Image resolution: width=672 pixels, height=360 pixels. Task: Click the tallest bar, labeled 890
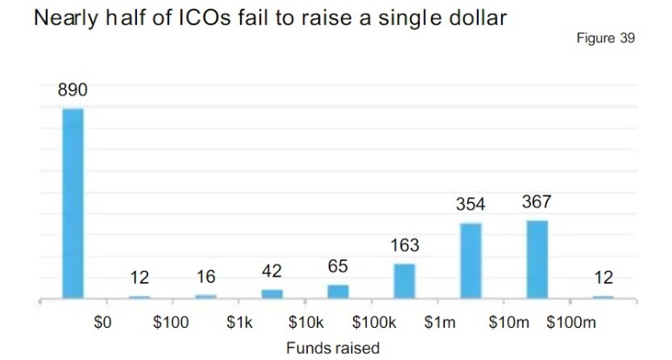point(73,204)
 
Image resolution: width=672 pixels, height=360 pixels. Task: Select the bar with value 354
point(471,260)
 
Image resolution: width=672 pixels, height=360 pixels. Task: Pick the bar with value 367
point(537,259)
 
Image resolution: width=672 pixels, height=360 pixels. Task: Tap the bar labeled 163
point(404,280)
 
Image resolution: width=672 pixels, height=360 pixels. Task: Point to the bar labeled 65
point(338,291)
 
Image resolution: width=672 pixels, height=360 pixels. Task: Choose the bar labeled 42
point(272,293)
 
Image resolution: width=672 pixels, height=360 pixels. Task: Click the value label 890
point(73,90)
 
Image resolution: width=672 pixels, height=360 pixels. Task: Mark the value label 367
point(537,202)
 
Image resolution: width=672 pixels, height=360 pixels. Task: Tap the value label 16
point(206,278)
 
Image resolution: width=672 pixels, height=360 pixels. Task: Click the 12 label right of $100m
point(603,278)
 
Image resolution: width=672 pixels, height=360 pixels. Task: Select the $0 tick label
point(103,323)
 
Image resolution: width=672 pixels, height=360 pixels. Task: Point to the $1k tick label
point(238,323)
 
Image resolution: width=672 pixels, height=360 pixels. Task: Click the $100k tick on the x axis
point(374,323)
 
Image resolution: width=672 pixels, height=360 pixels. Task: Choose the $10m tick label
point(508,323)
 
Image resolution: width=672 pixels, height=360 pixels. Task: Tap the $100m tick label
point(572,323)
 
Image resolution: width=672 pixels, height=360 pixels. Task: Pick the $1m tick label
point(440,323)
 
